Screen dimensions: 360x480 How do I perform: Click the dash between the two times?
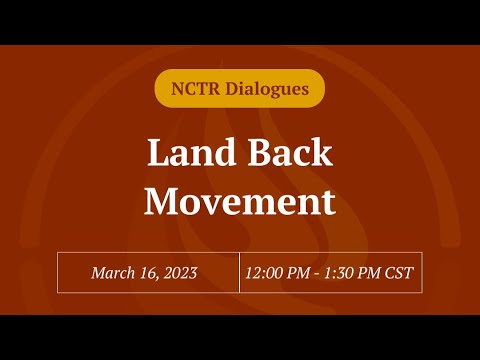[x=320, y=273]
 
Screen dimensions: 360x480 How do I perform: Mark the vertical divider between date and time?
[x=239, y=272]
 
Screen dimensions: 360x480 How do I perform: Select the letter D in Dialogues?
[x=235, y=89]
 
